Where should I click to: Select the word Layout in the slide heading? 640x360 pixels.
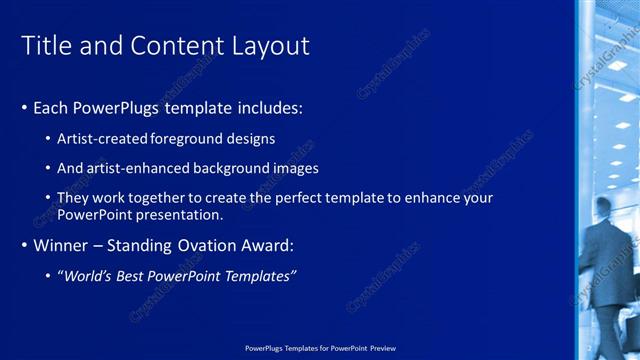[x=271, y=46]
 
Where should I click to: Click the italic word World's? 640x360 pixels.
[x=91, y=276]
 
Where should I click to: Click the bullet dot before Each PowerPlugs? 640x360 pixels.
[x=24, y=107]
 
